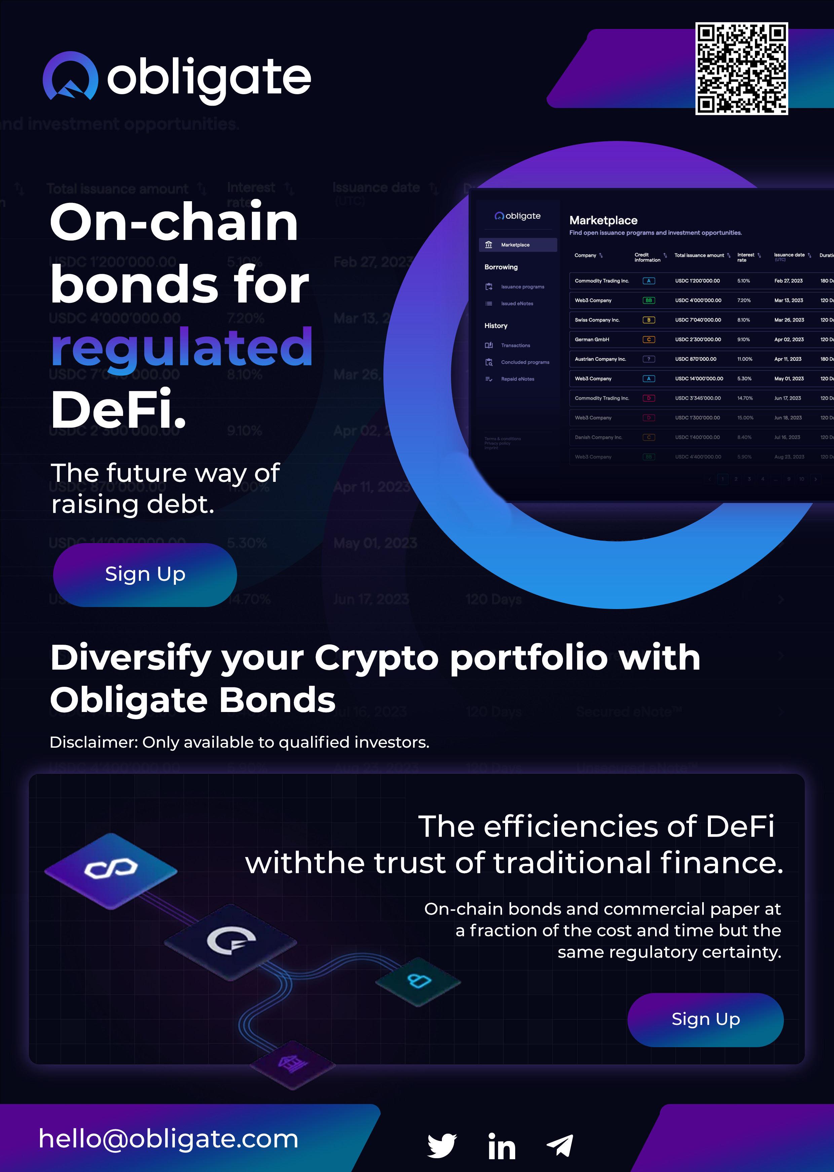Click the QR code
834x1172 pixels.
[741, 68]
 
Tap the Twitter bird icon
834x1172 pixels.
[442, 1145]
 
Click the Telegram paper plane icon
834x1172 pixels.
[560, 1145]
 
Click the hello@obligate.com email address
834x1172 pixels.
[168, 1139]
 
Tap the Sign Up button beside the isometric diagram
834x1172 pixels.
[705, 1019]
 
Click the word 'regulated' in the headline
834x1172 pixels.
[182, 348]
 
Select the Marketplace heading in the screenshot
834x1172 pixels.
[603, 220]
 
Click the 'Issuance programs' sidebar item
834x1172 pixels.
[522, 287]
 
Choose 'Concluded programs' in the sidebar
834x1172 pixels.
[525, 362]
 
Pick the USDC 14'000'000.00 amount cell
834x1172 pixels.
[699, 379]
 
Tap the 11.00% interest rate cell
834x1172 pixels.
[745, 359]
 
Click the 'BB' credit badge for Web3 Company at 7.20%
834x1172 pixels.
[649, 300]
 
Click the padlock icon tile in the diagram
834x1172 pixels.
[419, 981]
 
